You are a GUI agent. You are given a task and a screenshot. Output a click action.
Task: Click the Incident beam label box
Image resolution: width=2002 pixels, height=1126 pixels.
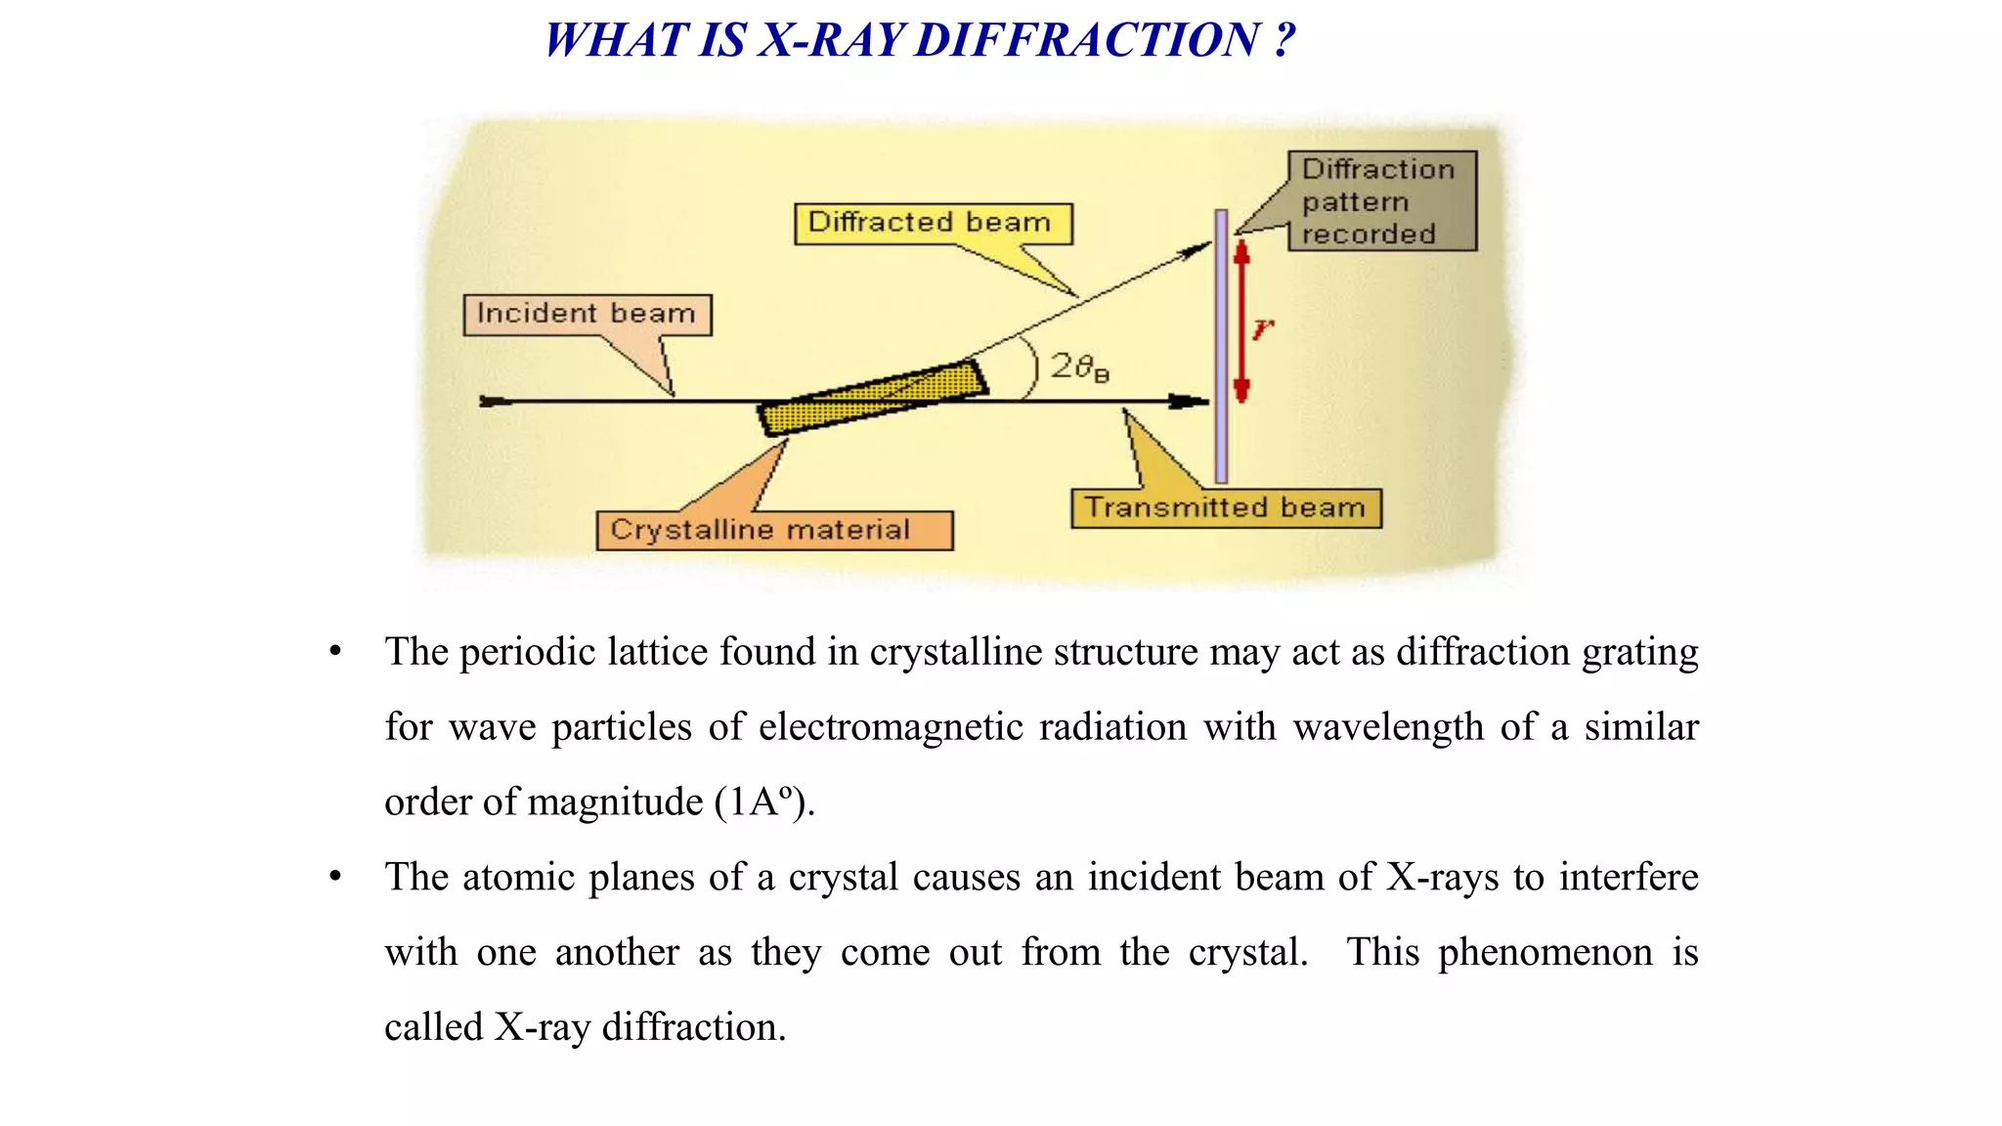(587, 315)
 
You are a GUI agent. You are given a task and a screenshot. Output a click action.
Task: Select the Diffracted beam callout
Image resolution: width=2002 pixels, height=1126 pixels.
(933, 224)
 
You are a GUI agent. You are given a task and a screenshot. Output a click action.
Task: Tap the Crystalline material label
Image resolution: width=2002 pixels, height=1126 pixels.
(773, 531)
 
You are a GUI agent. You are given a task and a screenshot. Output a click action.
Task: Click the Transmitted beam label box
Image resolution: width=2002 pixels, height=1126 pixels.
(1226, 508)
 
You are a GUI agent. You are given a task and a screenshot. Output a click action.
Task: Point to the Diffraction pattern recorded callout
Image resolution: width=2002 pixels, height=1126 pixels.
(1380, 201)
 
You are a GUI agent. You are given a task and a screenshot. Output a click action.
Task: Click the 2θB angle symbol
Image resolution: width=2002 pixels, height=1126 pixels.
(1078, 368)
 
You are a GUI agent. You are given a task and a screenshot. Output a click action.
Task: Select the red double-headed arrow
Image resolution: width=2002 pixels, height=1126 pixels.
(1241, 323)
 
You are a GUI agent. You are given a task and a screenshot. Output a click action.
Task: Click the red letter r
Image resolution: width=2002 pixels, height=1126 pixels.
(1263, 328)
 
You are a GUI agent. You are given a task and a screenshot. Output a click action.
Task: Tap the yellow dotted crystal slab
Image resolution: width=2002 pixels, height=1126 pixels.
(873, 397)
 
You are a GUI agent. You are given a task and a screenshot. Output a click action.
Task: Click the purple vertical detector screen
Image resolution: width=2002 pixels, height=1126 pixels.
(1221, 346)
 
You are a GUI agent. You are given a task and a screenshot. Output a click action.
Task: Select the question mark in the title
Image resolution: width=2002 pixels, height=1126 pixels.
(1284, 41)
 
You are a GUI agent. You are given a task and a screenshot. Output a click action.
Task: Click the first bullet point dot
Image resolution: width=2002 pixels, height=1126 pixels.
(335, 651)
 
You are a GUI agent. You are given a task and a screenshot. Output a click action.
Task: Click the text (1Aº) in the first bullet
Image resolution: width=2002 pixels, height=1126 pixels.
(763, 802)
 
